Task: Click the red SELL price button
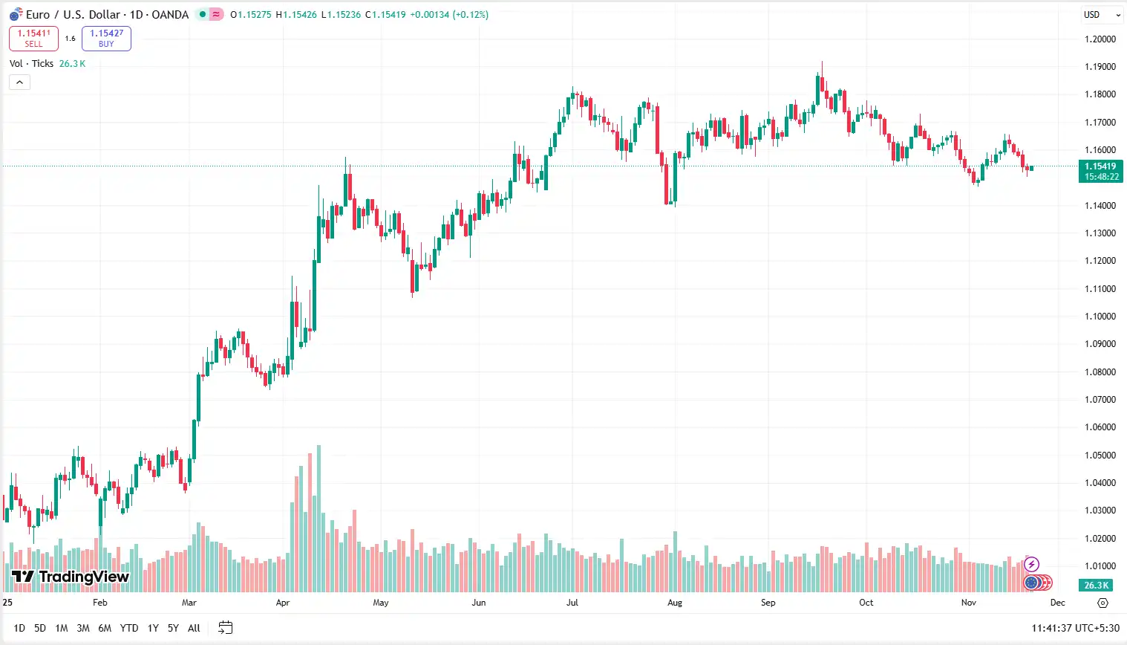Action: click(33, 39)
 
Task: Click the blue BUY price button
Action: click(106, 39)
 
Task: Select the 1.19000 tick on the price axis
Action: click(1100, 67)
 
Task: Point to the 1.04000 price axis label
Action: click(1100, 483)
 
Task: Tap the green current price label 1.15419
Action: click(1100, 172)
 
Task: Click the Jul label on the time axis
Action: click(572, 603)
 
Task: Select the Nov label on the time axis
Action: click(968, 603)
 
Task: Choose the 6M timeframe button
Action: click(105, 629)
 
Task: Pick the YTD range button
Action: click(129, 629)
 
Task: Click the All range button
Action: click(194, 629)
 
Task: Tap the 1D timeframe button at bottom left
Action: click(19, 629)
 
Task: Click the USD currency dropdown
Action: click(1101, 15)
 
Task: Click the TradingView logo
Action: click(70, 577)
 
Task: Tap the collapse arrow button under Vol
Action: click(19, 82)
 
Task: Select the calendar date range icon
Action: click(226, 629)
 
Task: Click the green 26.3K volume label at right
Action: click(1096, 586)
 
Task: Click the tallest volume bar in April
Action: click(318, 520)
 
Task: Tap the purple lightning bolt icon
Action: click(1031, 565)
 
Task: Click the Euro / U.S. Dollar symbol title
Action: click(107, 15)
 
